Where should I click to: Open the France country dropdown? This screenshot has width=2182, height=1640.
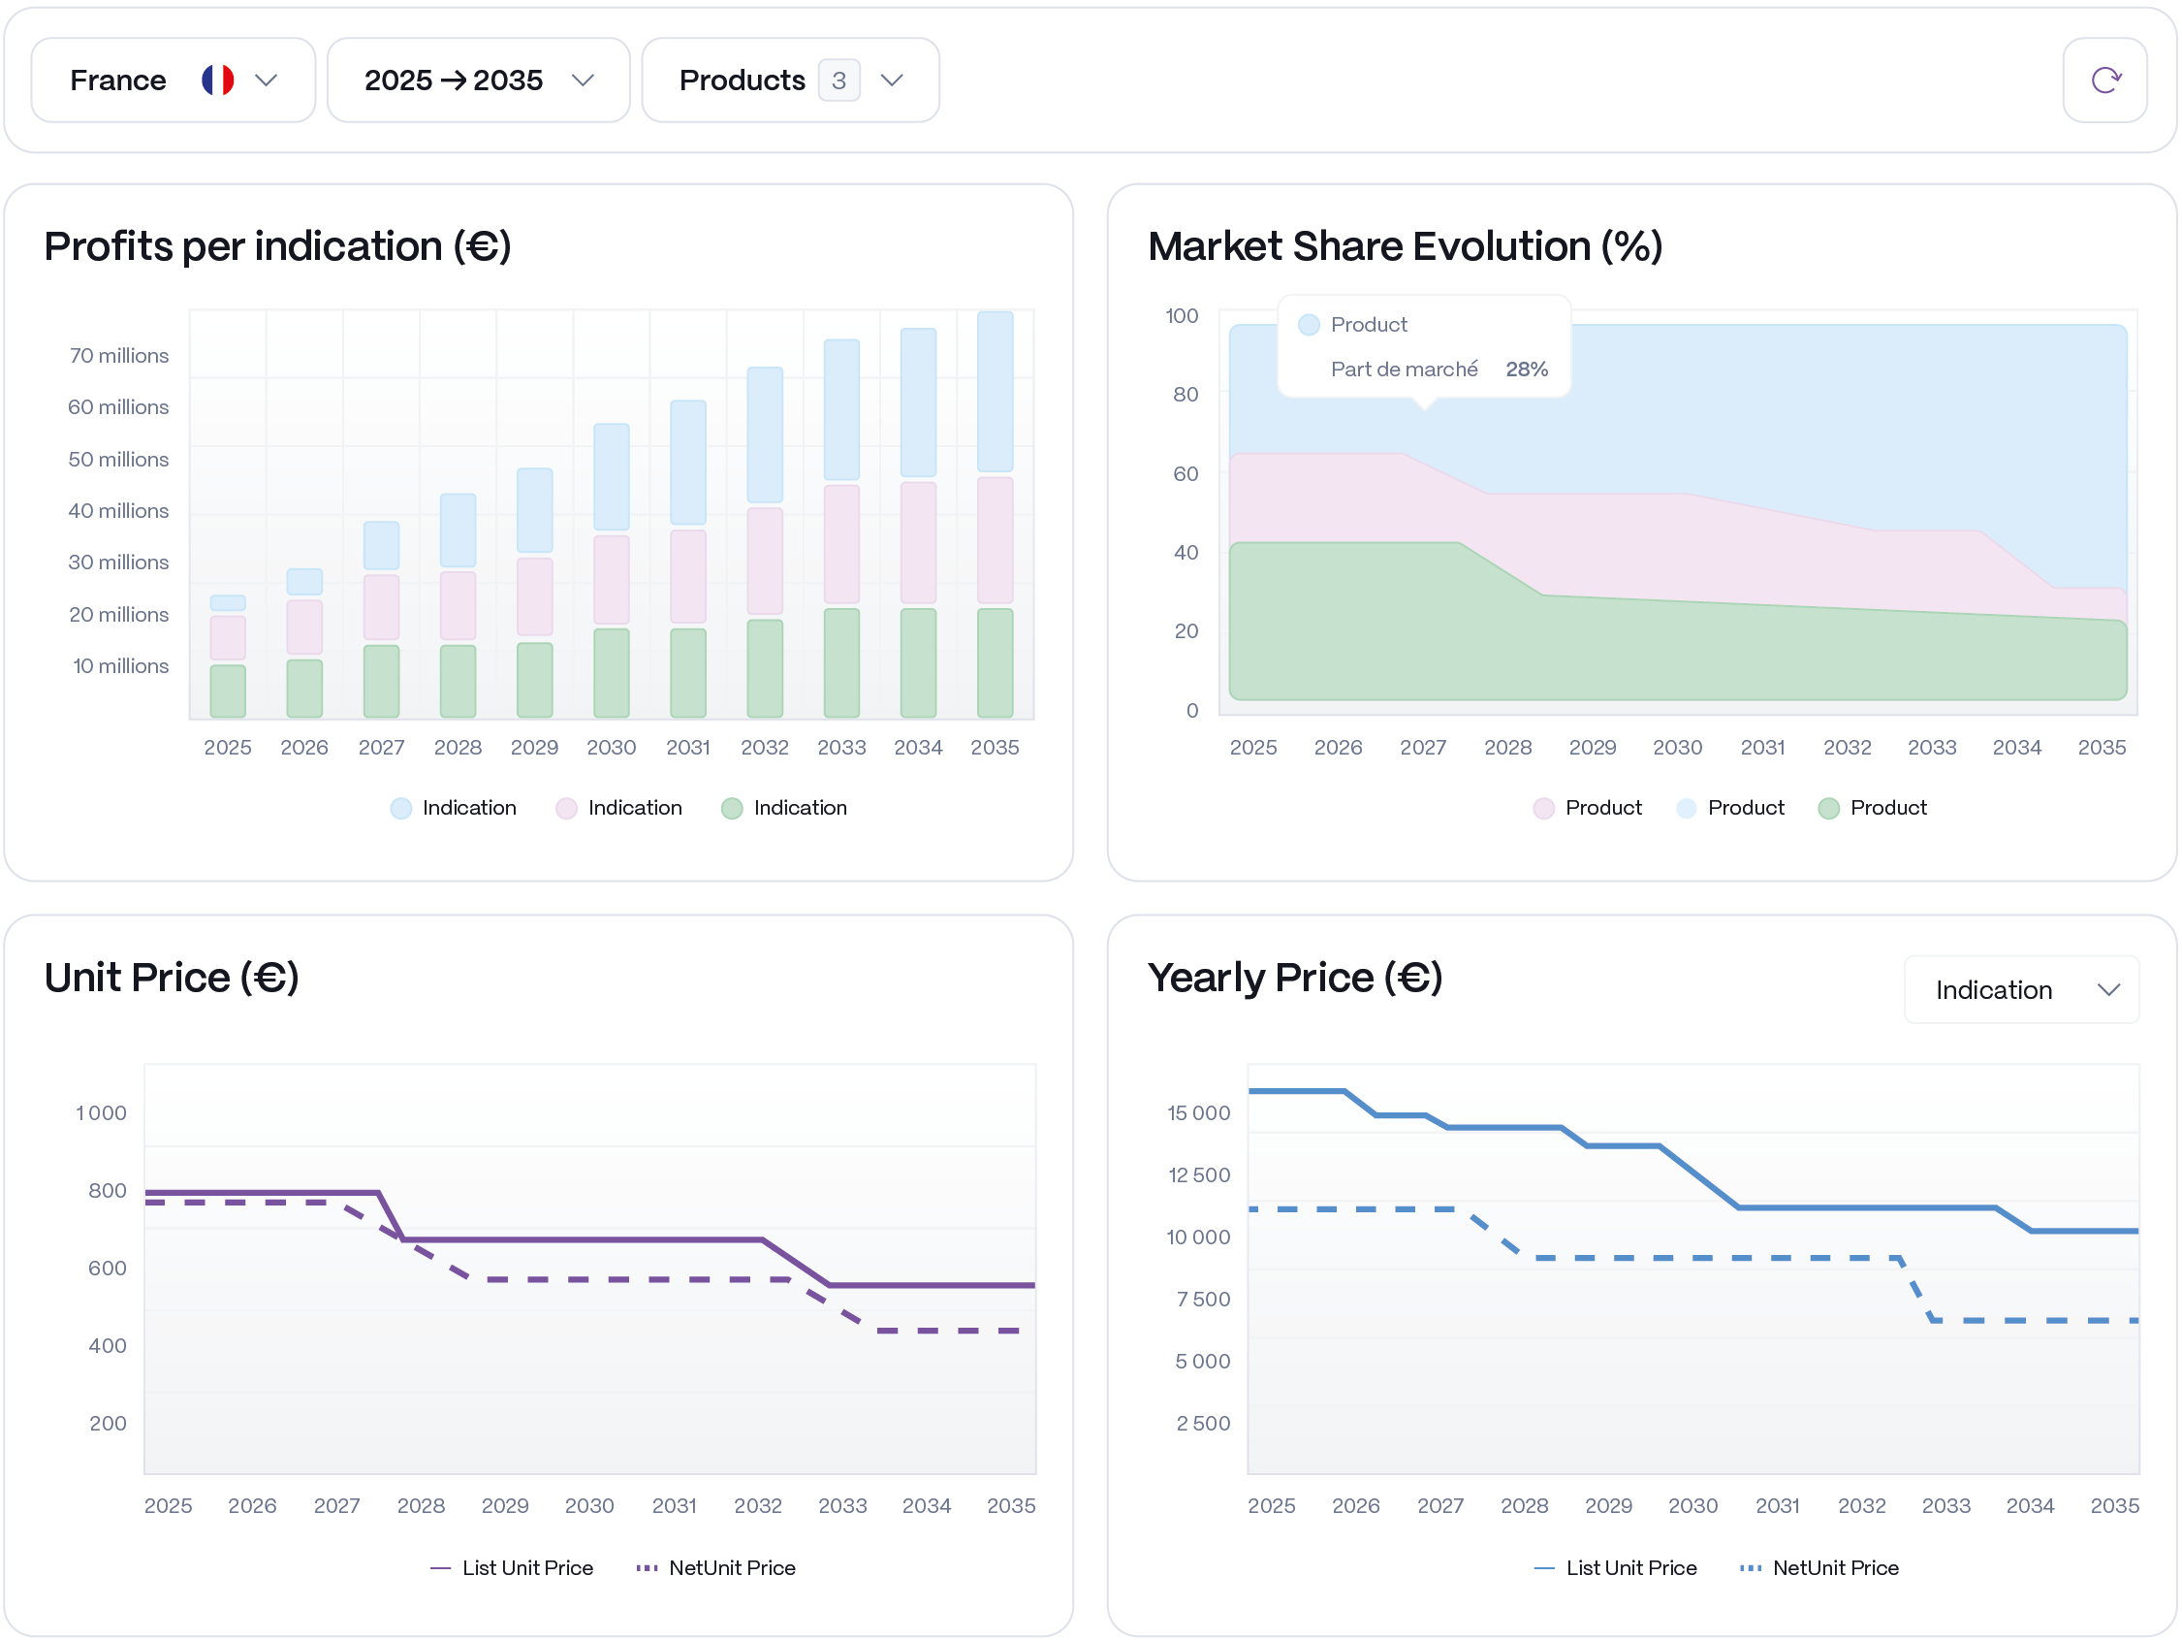[173, 80]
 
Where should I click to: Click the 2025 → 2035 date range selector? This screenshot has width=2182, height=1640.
[479, 80]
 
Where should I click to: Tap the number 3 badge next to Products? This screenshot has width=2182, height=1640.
[838, 80]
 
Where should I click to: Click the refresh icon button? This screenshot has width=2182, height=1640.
[2104, 80]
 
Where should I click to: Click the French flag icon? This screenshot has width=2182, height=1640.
[218, 80]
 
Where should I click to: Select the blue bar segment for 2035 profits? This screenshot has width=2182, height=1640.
[995, 392]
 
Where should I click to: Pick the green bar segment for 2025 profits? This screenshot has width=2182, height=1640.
[228, 691]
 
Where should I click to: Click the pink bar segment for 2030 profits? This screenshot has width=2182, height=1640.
[612, 579]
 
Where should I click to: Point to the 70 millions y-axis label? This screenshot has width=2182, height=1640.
[119, 355]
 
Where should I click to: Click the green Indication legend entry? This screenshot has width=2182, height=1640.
[785, 808]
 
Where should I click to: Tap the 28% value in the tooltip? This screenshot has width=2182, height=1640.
[1526, 370]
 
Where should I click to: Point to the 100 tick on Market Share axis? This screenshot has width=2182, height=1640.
[1181, 316]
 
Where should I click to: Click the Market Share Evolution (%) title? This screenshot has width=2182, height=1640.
[1405, 245]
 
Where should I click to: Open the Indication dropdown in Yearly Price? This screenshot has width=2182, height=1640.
[2020, 990]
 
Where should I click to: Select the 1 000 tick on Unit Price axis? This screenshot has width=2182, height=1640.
[102, 1113]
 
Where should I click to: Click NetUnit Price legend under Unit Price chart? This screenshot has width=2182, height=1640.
[716, 1568]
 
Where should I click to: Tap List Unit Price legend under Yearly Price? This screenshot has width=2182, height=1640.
[1616, 1568]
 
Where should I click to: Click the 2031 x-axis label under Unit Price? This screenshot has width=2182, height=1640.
[674, 1506]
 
